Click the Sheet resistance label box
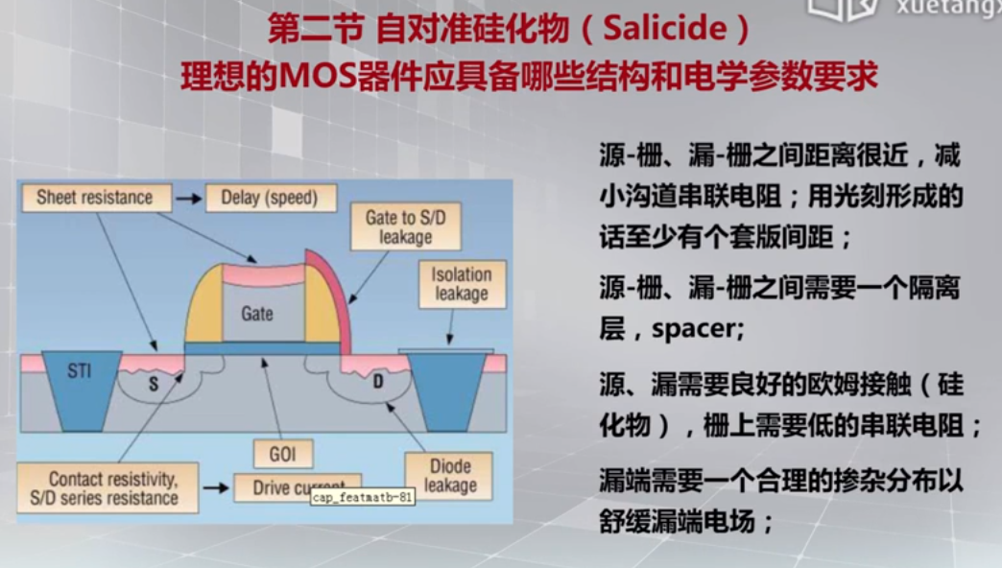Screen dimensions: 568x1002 (94, 199)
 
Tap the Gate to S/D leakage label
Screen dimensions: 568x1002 (405, 227)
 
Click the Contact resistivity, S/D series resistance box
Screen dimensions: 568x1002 (113, 487)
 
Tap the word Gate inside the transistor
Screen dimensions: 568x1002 (256, 313)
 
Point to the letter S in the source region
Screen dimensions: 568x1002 (152, 385)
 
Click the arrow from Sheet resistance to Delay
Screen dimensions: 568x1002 (189, 199)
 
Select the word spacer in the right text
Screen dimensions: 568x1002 (695, 330)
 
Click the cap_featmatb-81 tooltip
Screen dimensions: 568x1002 (363, 499)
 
